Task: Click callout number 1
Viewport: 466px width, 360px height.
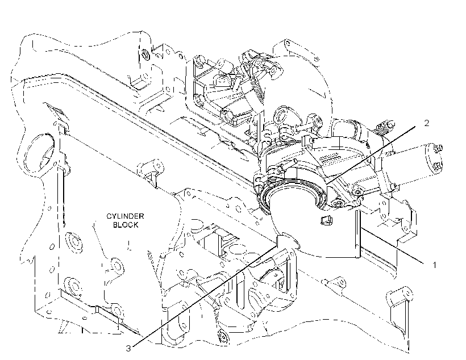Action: point(434,265)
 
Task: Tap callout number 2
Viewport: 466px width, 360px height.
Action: point(426,123)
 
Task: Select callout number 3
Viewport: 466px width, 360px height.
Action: point(128,349)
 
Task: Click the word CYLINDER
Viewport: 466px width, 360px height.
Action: point(125,216)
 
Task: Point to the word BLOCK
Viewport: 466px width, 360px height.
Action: point(126,225)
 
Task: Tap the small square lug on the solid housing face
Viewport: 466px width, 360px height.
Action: point(326,220)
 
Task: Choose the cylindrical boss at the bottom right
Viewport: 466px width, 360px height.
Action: point(399,296)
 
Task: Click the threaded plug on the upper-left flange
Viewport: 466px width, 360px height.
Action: point(145,55)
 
